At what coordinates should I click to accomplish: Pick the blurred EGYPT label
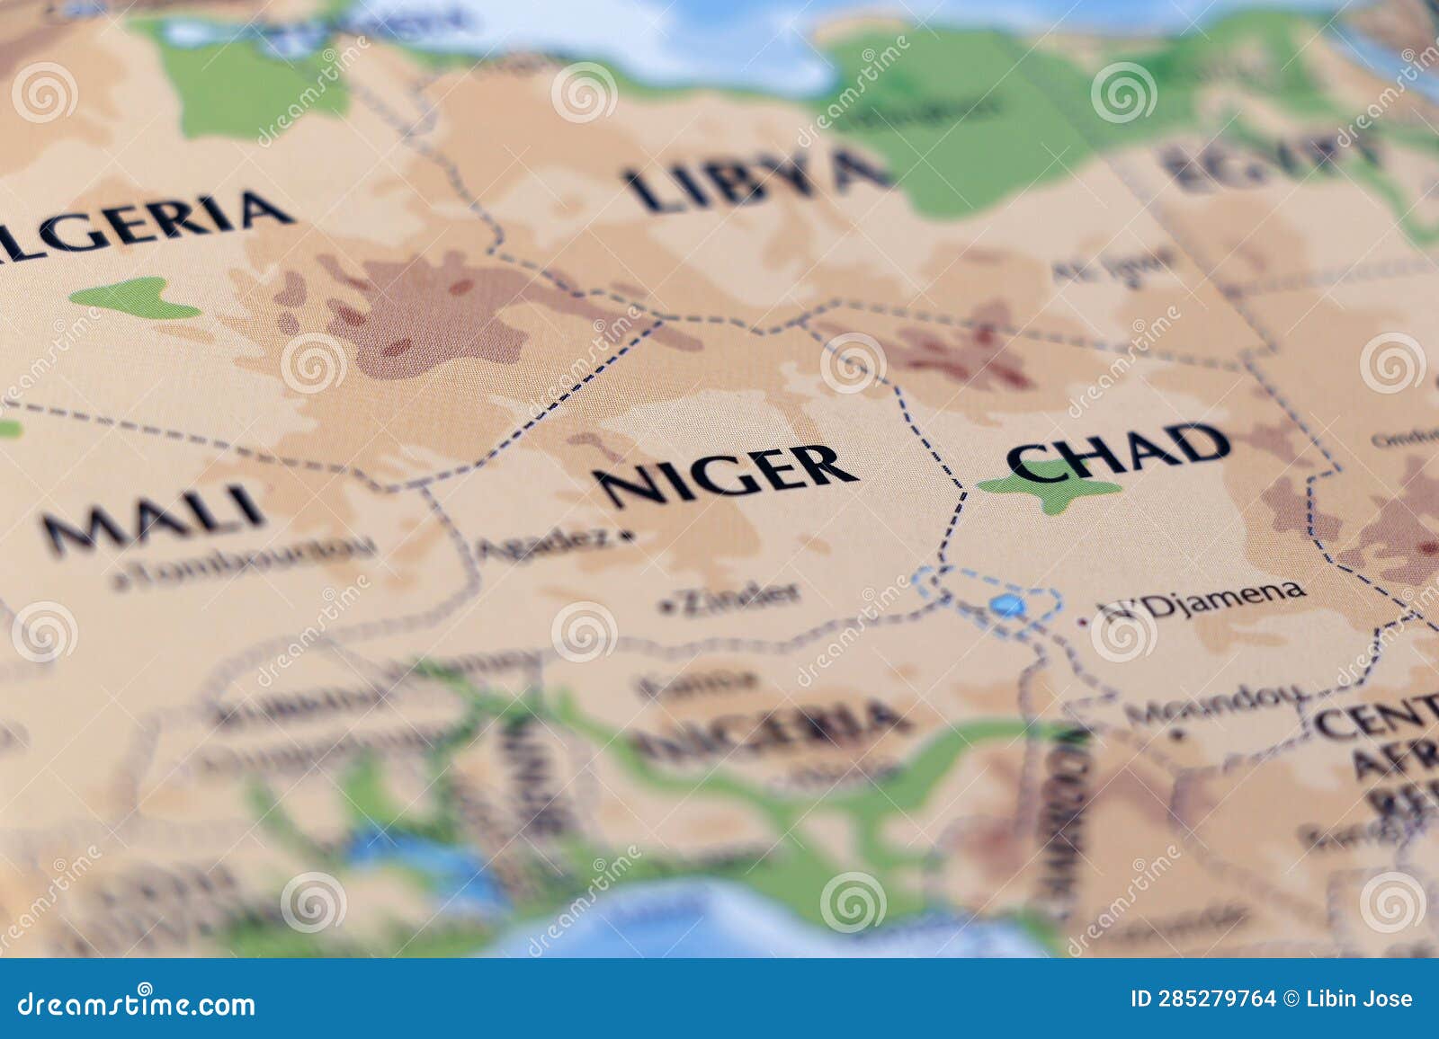[x=1268, y=162]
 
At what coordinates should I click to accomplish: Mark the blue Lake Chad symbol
[x=1006, y=606]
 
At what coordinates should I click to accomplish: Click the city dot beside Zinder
[x=666, y=608]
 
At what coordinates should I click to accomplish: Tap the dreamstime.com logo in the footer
[x=137, y=1003]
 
